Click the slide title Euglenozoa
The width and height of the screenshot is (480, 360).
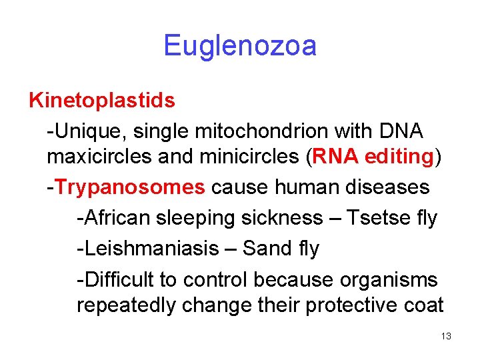[x=240, y=46]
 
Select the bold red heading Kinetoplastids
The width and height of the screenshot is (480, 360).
[x=102, y=101]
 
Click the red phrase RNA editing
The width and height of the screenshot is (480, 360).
[x=373, y=158]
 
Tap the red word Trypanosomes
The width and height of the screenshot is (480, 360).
[x=131, y=187]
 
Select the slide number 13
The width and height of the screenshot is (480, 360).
[x=446, y=337]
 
